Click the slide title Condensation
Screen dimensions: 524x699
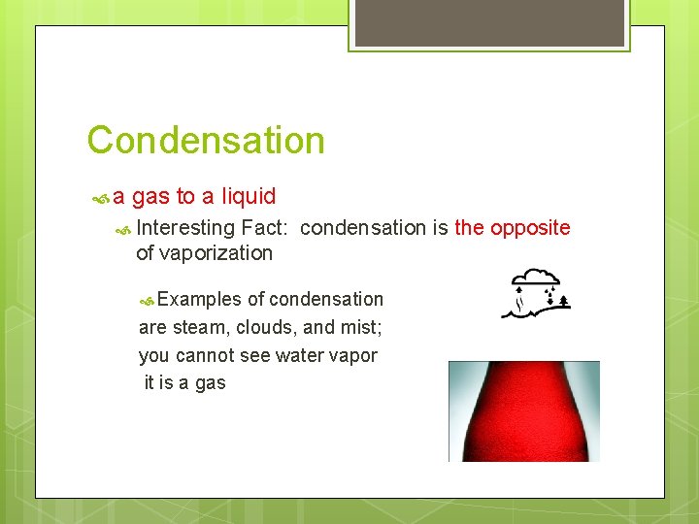click(x=206, y=141)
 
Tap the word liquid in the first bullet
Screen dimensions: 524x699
click(x=249, y=197)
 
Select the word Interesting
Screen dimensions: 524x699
click(x=186, y=228)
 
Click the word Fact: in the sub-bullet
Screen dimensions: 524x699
click(x=266, y=228)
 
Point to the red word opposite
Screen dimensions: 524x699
click(x=530, y=228)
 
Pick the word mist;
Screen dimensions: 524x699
click(x=361, y=328)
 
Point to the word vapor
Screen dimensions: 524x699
click(x=353, y=356)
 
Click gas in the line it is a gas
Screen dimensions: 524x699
click(x=210, y=383)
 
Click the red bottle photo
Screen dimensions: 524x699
click(x=523, y=411)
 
